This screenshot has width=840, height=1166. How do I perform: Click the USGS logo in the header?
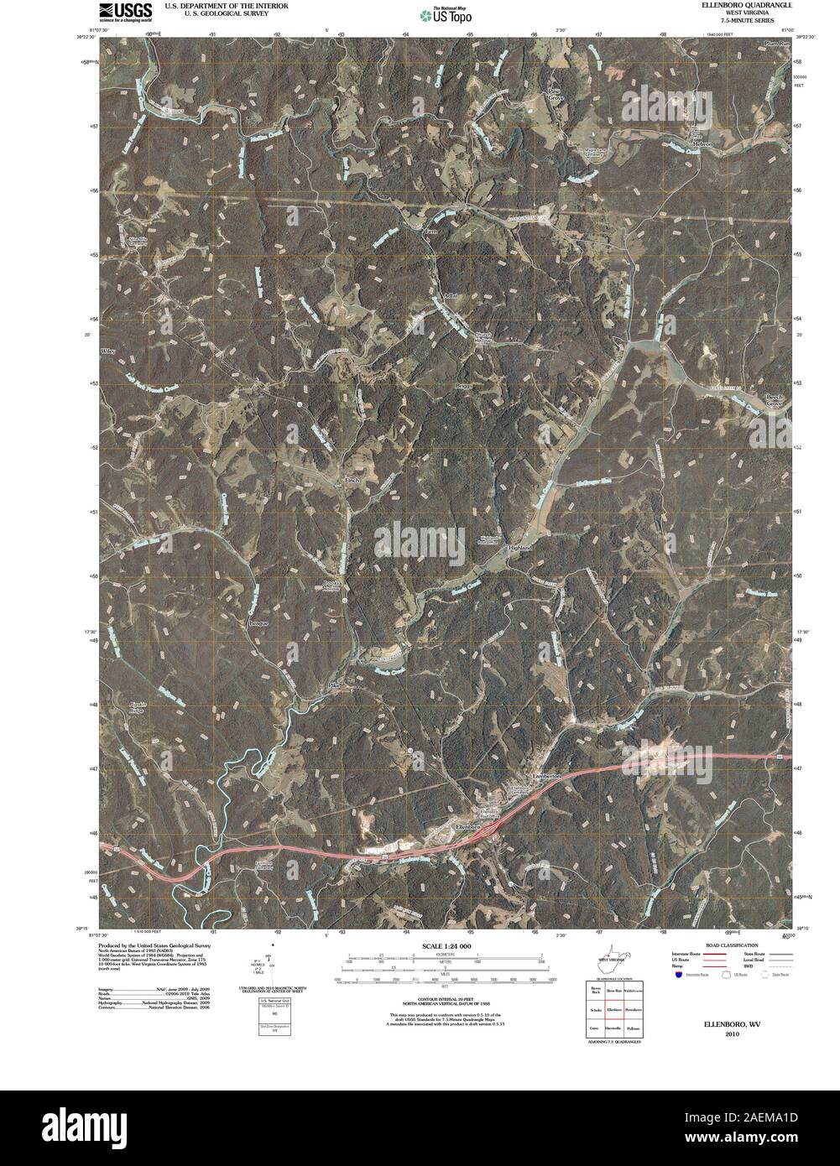pos(125,10)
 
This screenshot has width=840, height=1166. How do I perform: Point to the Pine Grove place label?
pos(556,94)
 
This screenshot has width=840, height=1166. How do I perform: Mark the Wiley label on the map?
pos(107,350)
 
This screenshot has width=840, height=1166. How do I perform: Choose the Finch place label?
pos(353,481)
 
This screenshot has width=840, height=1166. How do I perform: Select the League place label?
pos(258,623)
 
